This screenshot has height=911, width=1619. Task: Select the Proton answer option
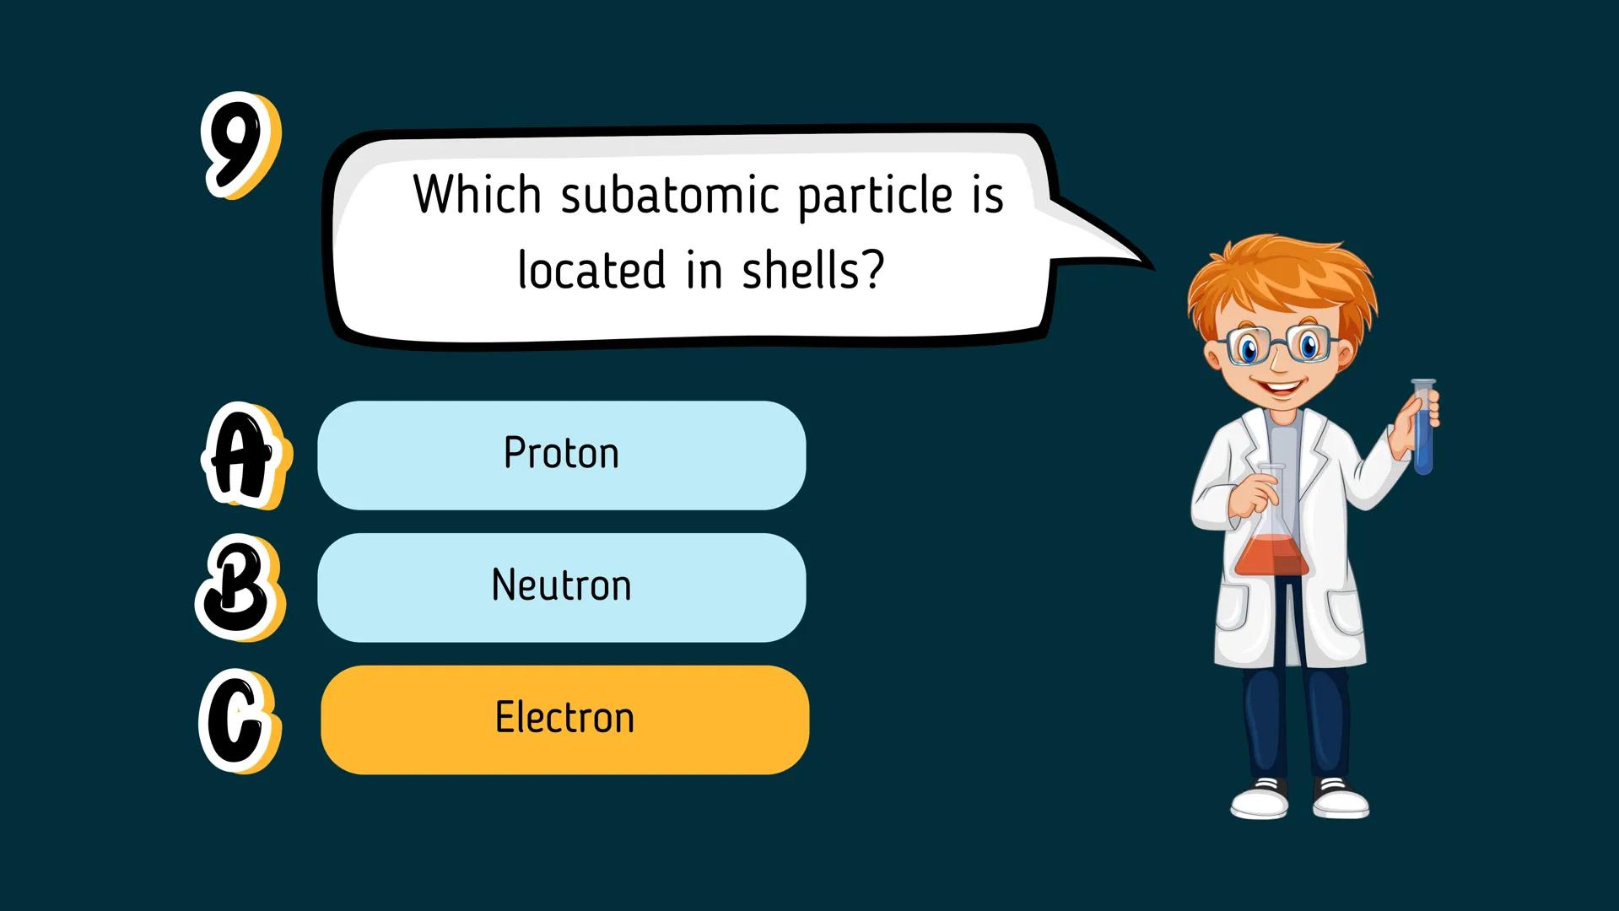coord(561,455)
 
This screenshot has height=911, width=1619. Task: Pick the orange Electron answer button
coord(564,720)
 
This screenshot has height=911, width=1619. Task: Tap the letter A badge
coord(242,456)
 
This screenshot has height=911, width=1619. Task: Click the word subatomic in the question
coord(670,196)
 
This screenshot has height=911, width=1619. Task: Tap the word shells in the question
coord(811,272)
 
